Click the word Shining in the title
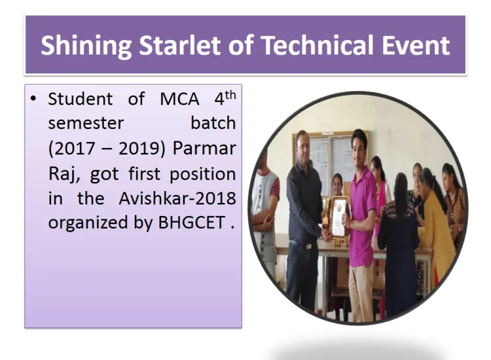click(x=86, y=46)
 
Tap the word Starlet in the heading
click(x=181, y=45)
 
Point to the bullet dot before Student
click(x=33, y=99)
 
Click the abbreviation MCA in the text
click(x=179, y=99)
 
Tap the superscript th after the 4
click(x=230, y=95)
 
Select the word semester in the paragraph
click(x=86, y=123)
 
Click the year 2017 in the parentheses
click(x=75, y=149)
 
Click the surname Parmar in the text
click(x=204, y=148)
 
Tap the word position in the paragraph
click(x=202, y=174)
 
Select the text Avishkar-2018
click(x=177, y=198)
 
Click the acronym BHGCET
click(x=192, y=223)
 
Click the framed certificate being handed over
click(x=338, y=217)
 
